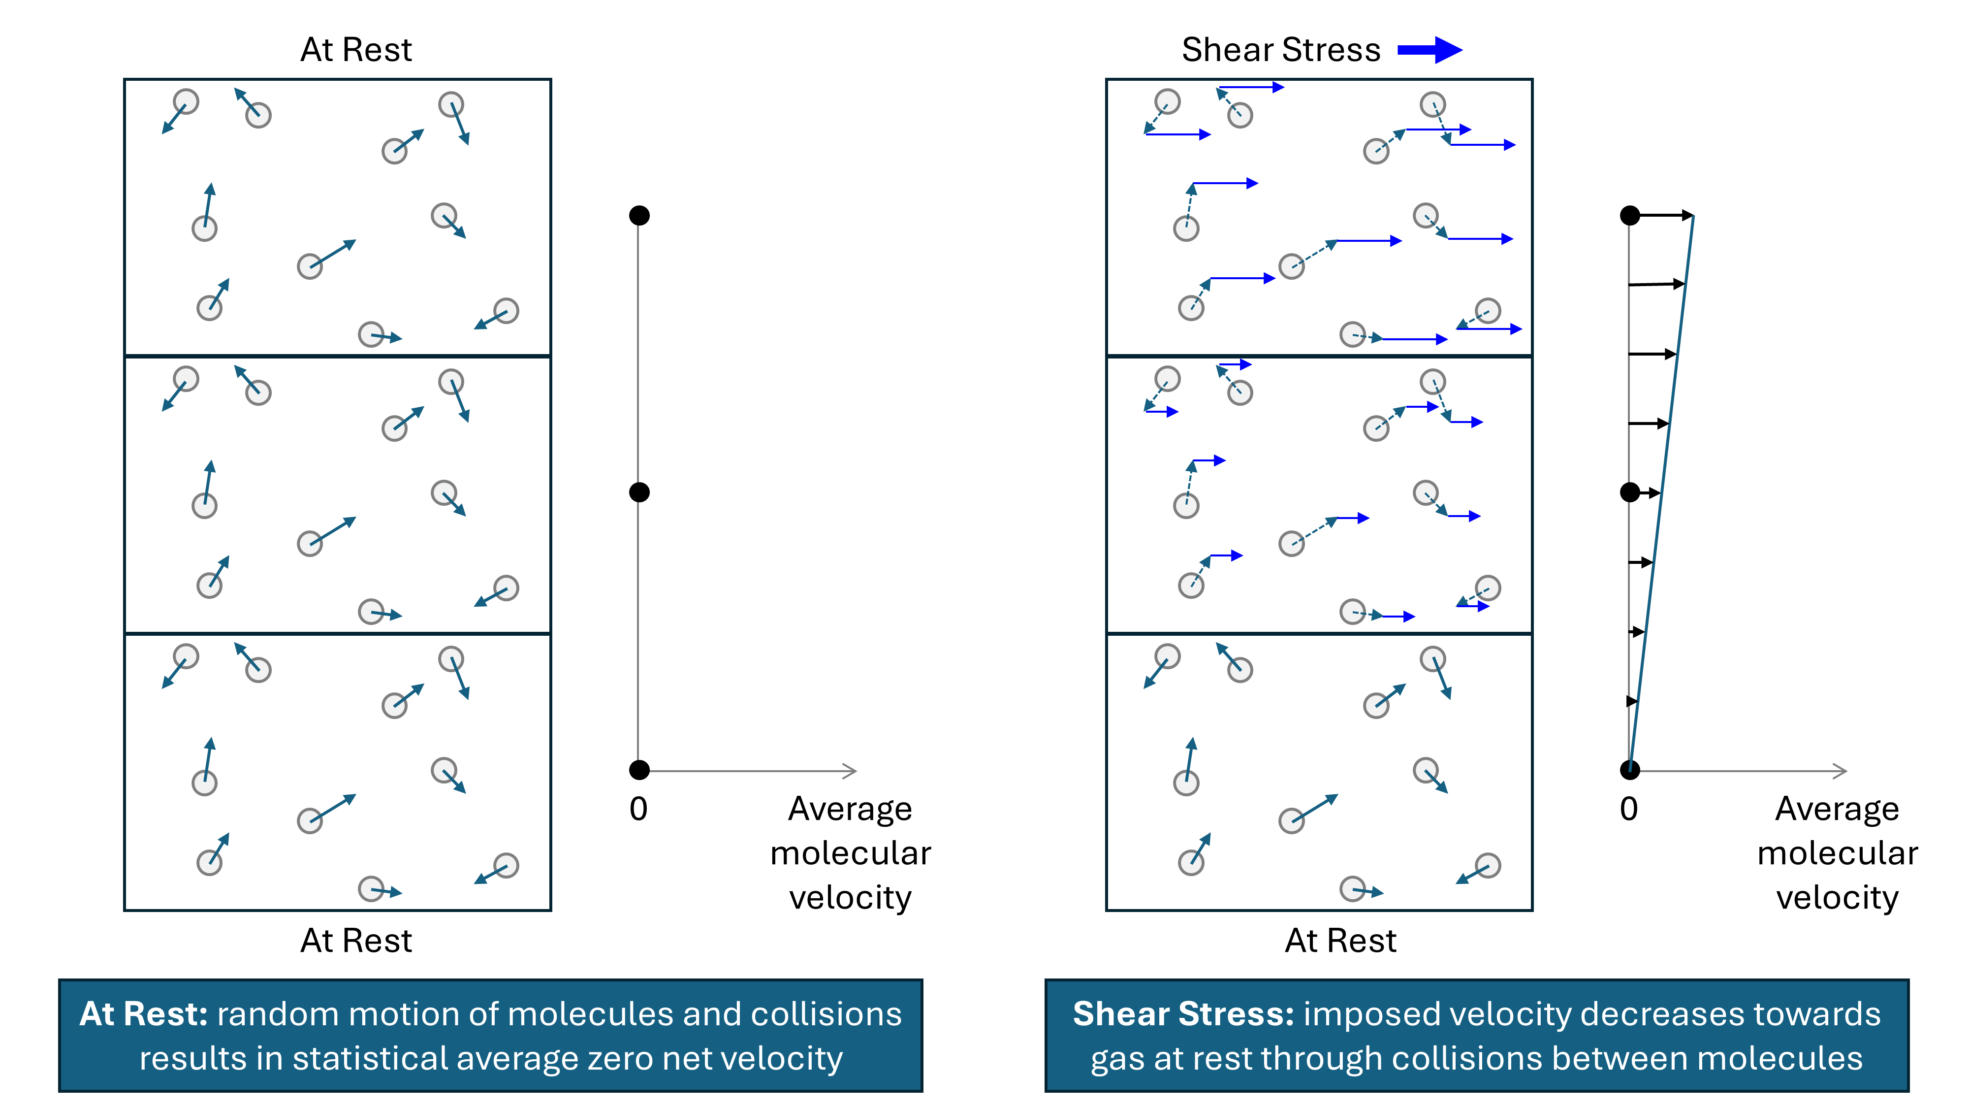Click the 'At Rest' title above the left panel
pos(356,50)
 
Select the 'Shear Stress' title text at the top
pos(1281,50)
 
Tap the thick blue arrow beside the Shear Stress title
pos(1429,50)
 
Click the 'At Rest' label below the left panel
pos(356,941)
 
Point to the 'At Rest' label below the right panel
pos(1341,941)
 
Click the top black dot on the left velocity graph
pos(639,216)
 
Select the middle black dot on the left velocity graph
pos(639,492)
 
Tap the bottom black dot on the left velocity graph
pos(639,770)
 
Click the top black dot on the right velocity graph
pos(1630,216)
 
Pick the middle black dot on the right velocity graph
pos(1630,492)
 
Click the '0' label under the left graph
pos(638,809)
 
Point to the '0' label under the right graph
pos(1629,809)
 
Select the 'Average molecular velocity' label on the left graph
pos(850,852)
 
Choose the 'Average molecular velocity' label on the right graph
pos(1837,852)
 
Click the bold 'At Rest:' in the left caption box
pos(144,1015)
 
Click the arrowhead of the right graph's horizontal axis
pos(1842,771)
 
